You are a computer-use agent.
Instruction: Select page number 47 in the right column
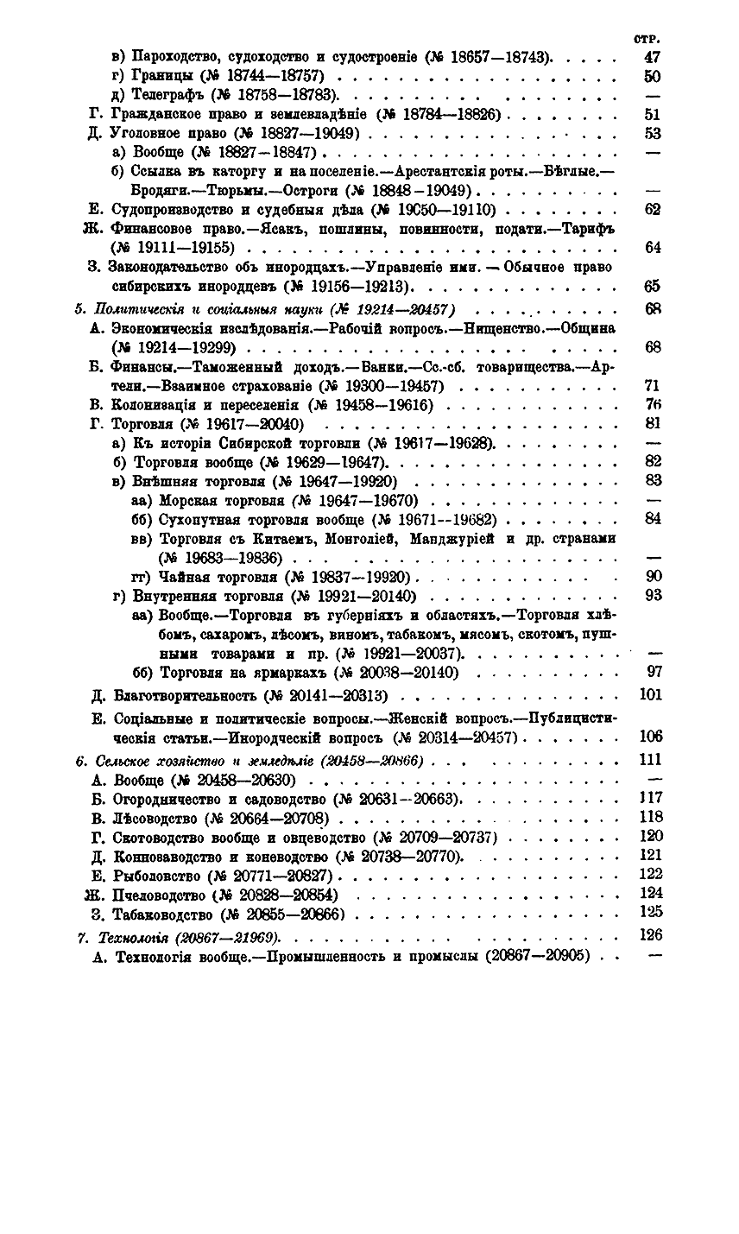point(653,58)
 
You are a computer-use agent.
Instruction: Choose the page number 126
point(650,934)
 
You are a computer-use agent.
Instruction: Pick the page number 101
point(650,694)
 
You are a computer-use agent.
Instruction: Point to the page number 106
point(650,736)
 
